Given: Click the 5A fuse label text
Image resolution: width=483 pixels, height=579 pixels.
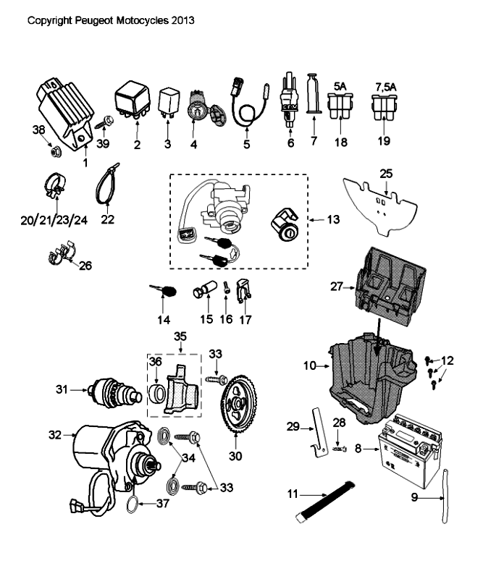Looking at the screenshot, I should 338,85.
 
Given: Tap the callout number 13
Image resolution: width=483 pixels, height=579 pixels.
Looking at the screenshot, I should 330,218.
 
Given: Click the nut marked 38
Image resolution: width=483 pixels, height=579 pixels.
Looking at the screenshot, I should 54,152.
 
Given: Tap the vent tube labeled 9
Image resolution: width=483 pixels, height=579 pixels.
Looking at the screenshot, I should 442,492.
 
